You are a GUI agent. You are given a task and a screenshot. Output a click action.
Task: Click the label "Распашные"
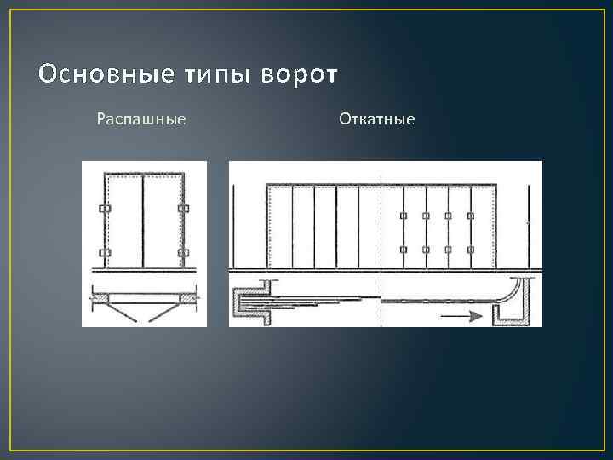(141, 119)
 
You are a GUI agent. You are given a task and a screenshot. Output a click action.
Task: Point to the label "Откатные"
(377, 119)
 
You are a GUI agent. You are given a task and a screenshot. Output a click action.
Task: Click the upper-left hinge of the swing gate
(105, 210)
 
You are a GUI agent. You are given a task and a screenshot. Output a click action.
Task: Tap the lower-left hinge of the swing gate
(105, 253)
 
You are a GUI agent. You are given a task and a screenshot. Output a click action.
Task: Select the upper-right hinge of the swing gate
(181, 210)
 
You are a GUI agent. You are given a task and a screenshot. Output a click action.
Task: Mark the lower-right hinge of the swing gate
(181, 253)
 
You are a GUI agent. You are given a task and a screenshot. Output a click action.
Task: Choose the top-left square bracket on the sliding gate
(403, 215)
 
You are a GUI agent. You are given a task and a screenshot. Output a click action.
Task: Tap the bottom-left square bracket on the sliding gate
(403, 249)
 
